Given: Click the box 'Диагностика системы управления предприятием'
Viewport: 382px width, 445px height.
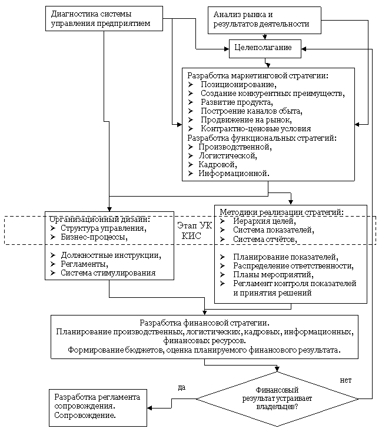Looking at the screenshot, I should click(x=103, y=18).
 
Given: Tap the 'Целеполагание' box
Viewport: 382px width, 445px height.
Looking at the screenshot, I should click(x=264, y=48).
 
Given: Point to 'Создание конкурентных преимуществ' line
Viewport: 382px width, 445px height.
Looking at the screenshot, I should click(x=272, y=94).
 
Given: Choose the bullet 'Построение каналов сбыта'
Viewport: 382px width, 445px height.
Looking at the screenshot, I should click(x=251, y=111).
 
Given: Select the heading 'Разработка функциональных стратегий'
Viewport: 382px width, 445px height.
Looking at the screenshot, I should click(x=261, y=138).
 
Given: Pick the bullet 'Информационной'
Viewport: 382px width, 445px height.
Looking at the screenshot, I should click(x=234, y=174).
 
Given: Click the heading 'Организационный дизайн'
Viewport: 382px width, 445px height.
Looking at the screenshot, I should click(x=99, y=219).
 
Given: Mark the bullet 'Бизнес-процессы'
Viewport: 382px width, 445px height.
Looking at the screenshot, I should click(x=94, y=237).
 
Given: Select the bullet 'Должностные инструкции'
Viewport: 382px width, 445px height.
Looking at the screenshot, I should click(x=111, y=255).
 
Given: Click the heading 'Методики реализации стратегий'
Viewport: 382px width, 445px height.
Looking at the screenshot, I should click(x=281, y=212).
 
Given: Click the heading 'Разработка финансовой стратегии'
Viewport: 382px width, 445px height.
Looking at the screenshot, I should click(x=204, y=323).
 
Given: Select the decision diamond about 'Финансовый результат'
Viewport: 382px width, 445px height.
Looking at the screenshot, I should click(x=277, y=398).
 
